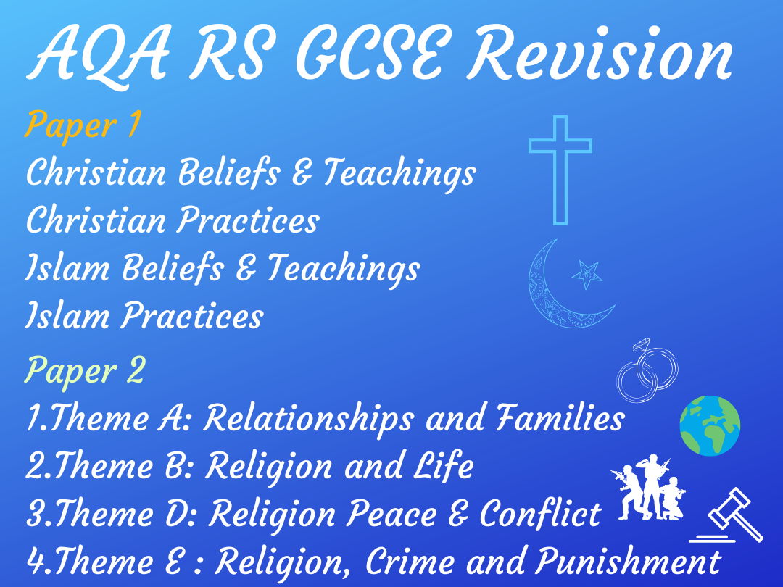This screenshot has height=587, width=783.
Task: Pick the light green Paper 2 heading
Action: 85,371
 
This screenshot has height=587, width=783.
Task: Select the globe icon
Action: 710,426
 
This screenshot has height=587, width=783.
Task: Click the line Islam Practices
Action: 144,316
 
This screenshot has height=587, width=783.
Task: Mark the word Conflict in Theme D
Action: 540,515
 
